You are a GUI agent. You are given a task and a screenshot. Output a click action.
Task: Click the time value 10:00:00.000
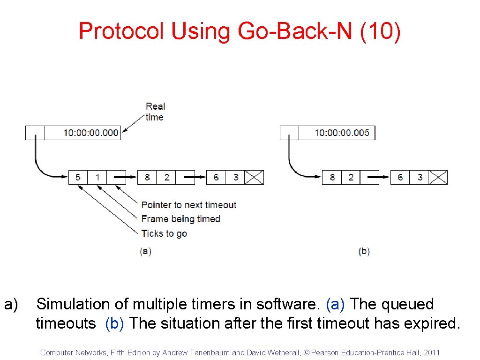click(91, 133)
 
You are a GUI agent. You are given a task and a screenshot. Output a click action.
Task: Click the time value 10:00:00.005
click(342, 133)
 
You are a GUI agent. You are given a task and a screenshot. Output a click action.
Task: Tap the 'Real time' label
click(155, 112)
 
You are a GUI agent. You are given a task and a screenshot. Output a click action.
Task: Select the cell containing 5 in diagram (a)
click(78, 177)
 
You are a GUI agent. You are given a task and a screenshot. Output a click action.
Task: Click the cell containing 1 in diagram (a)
click(97, 177)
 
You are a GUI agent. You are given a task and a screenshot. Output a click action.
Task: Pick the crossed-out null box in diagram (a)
click(254, 177)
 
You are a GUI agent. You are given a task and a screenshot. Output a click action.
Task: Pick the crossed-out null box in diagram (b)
click(438, 177)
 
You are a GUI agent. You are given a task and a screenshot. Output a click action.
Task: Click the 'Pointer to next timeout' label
click(188, 205)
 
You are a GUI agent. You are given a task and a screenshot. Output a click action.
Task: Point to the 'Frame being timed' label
click(180, 219)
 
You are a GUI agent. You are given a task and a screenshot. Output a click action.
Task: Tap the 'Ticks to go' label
click(164, 233)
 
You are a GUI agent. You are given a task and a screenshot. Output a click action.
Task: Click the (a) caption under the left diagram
click(145, 251)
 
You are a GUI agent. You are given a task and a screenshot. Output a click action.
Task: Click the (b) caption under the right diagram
click(364, 251)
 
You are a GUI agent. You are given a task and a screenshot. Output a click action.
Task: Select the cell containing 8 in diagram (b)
click(332, 177)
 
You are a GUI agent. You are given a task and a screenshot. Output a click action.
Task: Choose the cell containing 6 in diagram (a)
click(216, 177)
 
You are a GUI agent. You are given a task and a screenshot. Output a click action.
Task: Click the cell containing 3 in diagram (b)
click(420, 177)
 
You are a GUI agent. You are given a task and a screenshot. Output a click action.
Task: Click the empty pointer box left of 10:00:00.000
click(35, 133)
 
